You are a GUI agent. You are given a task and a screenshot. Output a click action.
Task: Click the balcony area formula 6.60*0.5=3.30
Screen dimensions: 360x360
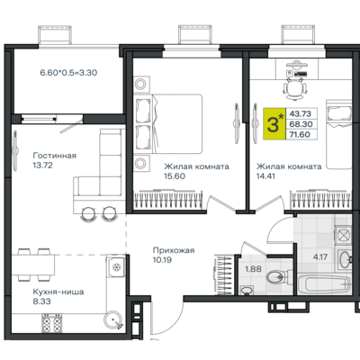click(x=68, y=73)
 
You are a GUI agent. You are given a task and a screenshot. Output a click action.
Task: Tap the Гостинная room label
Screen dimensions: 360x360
click(x=55, y=156)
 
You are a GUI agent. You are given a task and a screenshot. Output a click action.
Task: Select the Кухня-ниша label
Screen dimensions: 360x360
click(x=58, y=292)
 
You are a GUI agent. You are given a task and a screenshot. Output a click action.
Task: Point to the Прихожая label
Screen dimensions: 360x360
click(x=174, y=250)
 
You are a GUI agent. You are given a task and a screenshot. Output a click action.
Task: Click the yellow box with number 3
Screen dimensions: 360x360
click(x=274, y=124)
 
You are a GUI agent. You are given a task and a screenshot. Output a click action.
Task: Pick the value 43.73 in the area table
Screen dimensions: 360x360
click(x=300, y=113)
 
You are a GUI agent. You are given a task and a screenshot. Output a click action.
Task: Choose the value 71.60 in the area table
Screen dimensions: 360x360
click(x=300, y=134)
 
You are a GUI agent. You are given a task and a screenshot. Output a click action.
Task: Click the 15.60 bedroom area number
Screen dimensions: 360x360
click(x=175, y=176)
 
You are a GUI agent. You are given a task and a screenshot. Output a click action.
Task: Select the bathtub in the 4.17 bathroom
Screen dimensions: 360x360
click(x=324, y=283)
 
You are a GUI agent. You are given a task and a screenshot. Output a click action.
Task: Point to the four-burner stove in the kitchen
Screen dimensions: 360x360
click(x=51, y=323)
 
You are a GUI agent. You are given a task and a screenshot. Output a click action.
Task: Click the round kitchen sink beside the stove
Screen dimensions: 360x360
click(x=113, y=321)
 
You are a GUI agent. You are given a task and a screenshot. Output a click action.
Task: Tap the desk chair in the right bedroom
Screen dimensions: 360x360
click(x=295, y=88)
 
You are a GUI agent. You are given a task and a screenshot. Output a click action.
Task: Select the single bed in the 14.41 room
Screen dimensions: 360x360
click(x=339, y=134)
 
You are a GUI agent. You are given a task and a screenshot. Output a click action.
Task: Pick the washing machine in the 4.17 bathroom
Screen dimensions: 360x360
click(x=343, y=235)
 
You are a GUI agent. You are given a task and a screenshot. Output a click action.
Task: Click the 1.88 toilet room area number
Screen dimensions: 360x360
click(x=253, y=269)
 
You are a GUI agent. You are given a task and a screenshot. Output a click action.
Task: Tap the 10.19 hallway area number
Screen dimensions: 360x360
click(x=162, y=260)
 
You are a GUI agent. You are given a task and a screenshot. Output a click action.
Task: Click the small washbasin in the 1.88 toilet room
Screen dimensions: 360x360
click(x=247, y=290)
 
